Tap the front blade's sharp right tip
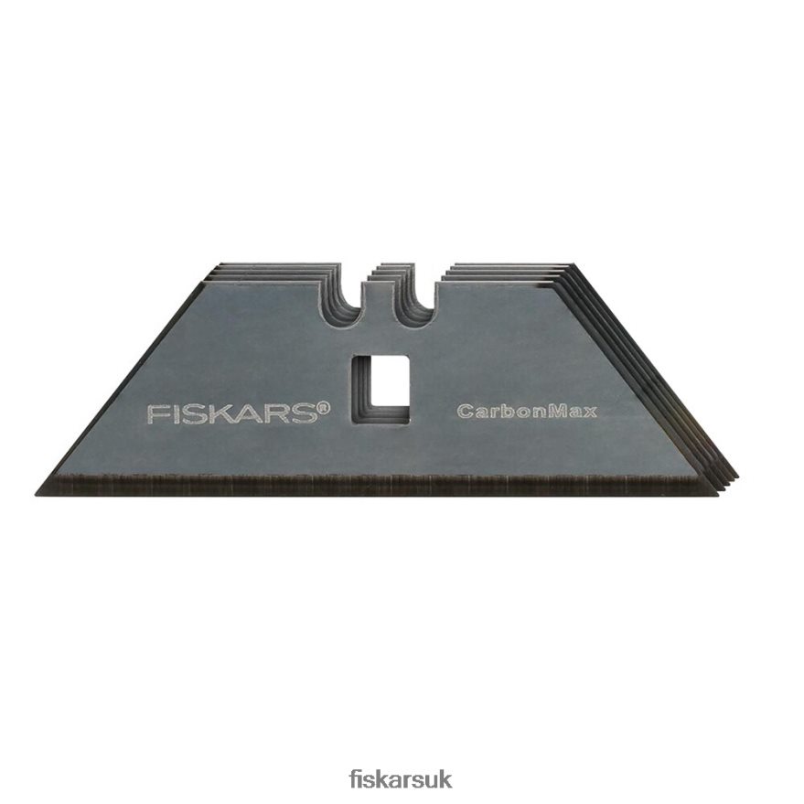tap(717, 496)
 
